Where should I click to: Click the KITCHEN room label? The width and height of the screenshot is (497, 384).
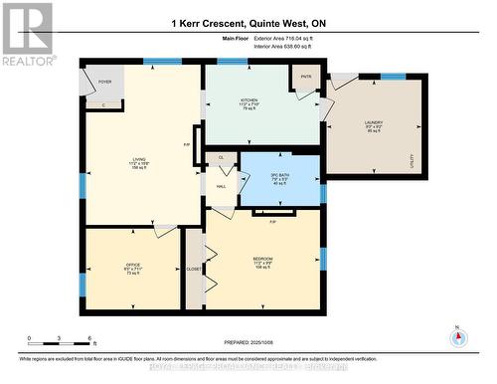point(248,100)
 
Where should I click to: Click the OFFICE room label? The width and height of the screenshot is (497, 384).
point(119,264)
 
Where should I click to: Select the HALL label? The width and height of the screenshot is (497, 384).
point(221,186)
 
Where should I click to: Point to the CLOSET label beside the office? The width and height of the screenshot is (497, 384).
point(193,269)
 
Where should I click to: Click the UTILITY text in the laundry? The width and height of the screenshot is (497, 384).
point(411,156)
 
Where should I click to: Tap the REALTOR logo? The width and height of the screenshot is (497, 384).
point(28,35)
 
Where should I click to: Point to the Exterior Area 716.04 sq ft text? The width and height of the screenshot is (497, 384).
point(276,39)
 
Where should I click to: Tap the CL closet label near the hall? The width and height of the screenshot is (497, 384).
point(221,157)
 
